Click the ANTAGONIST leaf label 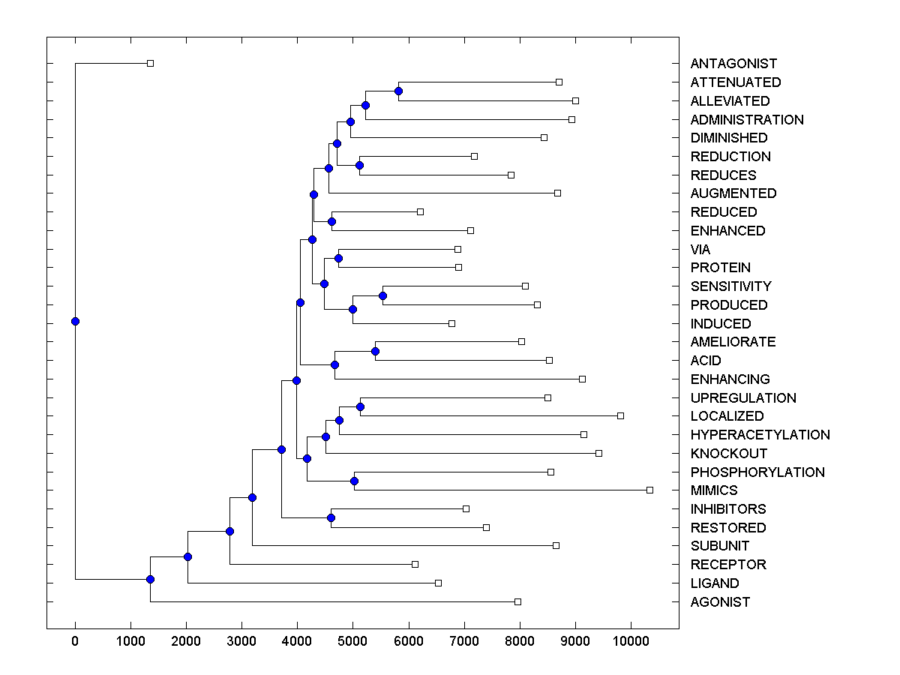point(733,64)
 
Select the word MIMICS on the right point(714,490)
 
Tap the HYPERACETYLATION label point(760,435)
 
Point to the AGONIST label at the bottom point(720,602)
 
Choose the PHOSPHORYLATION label point(757,472)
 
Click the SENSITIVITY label point(730,286)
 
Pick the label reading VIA point(700,250)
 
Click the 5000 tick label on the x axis point(352,640)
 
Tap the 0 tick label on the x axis point(75,640)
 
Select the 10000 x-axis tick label point(631,640)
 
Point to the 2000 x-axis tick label point(186,640)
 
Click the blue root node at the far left point(75,321)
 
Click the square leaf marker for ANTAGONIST point(150,63)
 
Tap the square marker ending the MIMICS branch point(649,490)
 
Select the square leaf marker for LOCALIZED point(620,415)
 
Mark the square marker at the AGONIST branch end point(517,601)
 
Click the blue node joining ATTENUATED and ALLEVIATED point(398,91)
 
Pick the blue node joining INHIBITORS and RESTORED point(331,517)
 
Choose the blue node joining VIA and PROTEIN point(338,258)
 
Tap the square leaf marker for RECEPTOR point(415,564)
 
